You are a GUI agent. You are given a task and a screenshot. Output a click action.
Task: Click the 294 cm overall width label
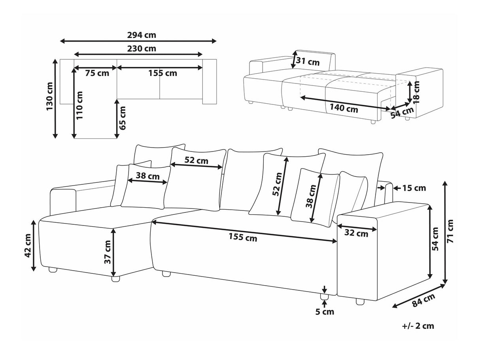pyautogui.click(x=142, y=35)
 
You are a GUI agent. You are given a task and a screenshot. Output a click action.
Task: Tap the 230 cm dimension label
pyautogui.click(x=142, y=49)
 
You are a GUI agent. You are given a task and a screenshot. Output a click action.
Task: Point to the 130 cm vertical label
pyautogui.click(x=49, y=97)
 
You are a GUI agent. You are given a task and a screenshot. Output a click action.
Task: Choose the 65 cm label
pyautogui.click(x=123, y=118)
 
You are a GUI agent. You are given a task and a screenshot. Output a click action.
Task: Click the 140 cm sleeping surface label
pyautogui.click(x=343, y=109)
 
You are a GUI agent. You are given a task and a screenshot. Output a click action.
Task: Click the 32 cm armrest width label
pyautogui.click(x=356, y=233)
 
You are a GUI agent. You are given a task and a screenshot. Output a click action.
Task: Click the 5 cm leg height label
pyautogui.click(x=324, y=312)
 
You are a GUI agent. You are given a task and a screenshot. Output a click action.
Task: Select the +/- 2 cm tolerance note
pyautogui.click(x=418, y=326)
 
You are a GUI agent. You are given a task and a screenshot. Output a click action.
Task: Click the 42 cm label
pyautogui.click(x=28, y=246)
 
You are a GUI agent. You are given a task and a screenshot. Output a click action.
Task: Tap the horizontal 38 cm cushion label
pyautogui.click(x=145, y=176)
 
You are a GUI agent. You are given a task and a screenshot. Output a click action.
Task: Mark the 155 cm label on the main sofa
pyautogui.click(x=242, y=238)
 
